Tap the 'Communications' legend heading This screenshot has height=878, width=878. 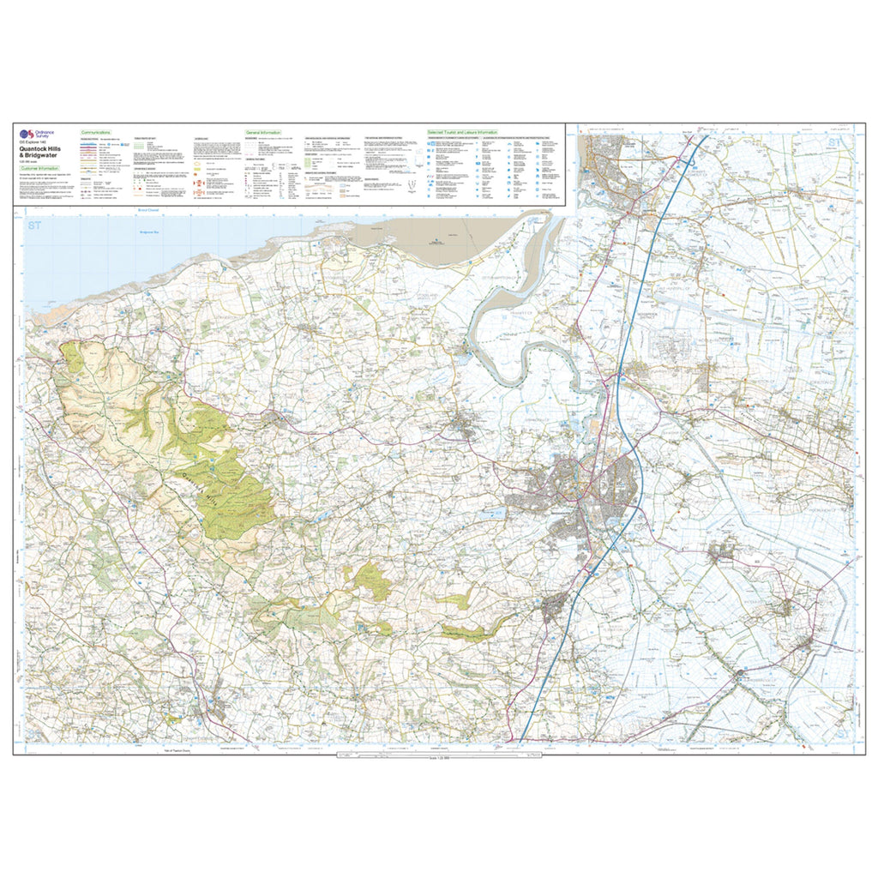[x=96, y=134]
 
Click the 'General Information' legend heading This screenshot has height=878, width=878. [x=264, y=134]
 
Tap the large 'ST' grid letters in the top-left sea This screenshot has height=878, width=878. [x=33, y=226]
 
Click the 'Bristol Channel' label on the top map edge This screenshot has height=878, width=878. [x=149, y=208]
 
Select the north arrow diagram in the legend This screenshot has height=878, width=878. [x=413, y=184]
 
